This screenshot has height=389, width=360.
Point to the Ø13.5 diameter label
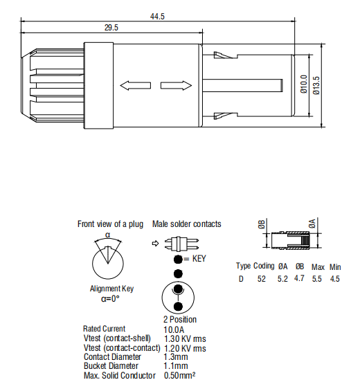point(316,85)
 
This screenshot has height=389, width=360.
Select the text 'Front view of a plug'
point(110,224)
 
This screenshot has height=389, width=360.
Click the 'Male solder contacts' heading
point(186,224)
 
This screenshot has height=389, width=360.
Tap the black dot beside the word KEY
point(178,259)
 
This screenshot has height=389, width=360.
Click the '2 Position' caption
point(179,320)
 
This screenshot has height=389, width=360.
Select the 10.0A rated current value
point(174,329)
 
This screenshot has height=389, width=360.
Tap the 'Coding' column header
point(264,266)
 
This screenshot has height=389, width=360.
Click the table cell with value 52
point(262,279)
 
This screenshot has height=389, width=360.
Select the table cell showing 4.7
point(299,279)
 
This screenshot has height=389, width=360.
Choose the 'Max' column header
point(318,266)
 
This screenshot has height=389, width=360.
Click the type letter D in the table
point(241,279)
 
